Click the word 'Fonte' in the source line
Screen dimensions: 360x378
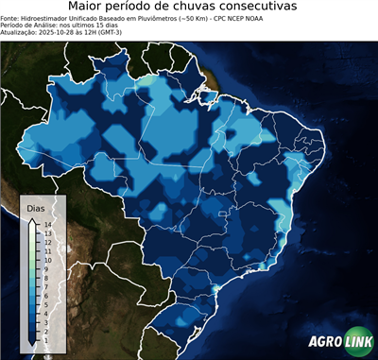10,16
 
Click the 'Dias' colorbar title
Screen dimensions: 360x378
36,207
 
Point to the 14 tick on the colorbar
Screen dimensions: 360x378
46,224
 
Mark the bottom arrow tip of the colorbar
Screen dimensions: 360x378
32,343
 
